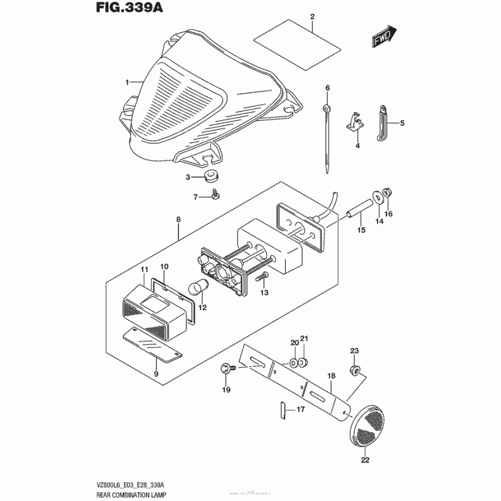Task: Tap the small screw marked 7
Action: [215, 196]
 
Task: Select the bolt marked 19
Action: [226, 369]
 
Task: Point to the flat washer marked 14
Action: [378, 196]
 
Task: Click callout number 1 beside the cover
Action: [127, 82]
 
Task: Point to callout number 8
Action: [178, 220]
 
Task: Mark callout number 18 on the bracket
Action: [331, 376]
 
